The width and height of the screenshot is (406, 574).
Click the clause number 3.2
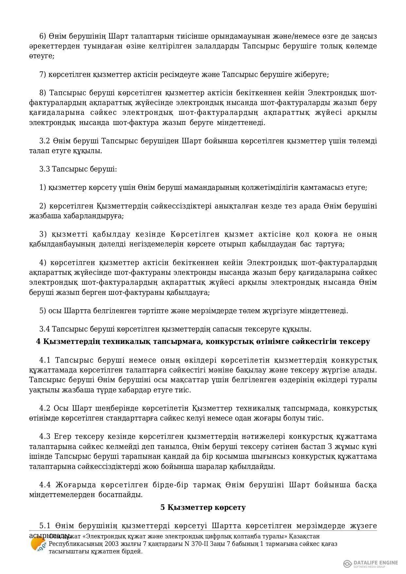[x=44, y=141]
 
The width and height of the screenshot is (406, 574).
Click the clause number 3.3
[x=44, y=169]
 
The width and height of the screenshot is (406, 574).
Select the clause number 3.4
[x=44, y=329]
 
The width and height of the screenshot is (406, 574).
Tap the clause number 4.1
[x=45, y=360]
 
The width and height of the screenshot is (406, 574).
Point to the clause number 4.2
[x=45, y=408]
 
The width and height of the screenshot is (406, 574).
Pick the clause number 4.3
[x=45, y=437]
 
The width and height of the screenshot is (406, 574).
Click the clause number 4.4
[x=45, y=485]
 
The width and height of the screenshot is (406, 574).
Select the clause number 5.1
[x=45, y=526]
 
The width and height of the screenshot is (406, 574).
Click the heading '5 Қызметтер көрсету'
[x=203, y=508]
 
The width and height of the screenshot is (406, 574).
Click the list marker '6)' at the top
[x=43, y=36]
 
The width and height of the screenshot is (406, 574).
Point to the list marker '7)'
[x=43, y=75]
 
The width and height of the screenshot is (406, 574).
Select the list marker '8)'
[x=43, y=93]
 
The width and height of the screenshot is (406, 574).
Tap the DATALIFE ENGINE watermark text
[x=376, y=563]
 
